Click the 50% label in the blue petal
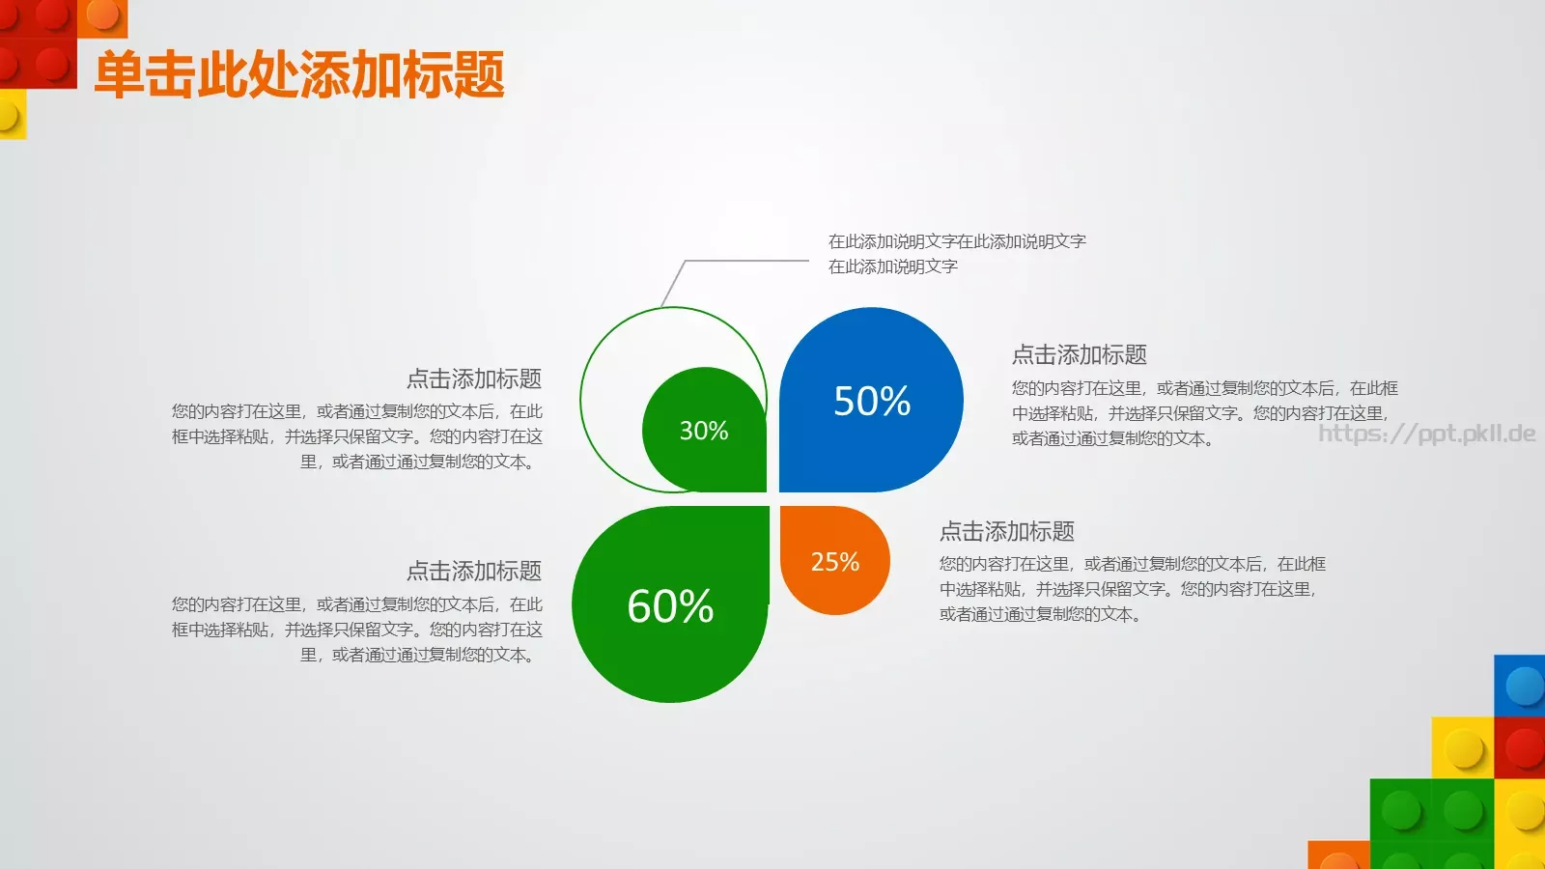point(872,402)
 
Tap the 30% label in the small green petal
point(704,431)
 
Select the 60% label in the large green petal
point(670,606)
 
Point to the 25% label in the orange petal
point(835,562)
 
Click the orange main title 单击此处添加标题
point(299,75)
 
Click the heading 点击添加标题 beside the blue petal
point(1079,355)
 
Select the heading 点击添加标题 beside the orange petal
point(1006,532)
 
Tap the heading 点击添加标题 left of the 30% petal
point(473,378)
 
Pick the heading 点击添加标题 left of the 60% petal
point(473,572)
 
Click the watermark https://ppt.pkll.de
point(1427,434)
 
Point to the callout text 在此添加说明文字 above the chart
point(956,253)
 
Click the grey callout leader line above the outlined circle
point(744,261)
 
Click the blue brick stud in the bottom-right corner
point(1525,687)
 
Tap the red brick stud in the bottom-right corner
point(1525,749)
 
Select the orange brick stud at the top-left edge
point(101,14)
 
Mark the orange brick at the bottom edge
point(1338,856)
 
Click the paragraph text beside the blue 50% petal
point(1204,413)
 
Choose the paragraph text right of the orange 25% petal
point(1132,589)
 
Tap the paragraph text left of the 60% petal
point(357,630)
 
